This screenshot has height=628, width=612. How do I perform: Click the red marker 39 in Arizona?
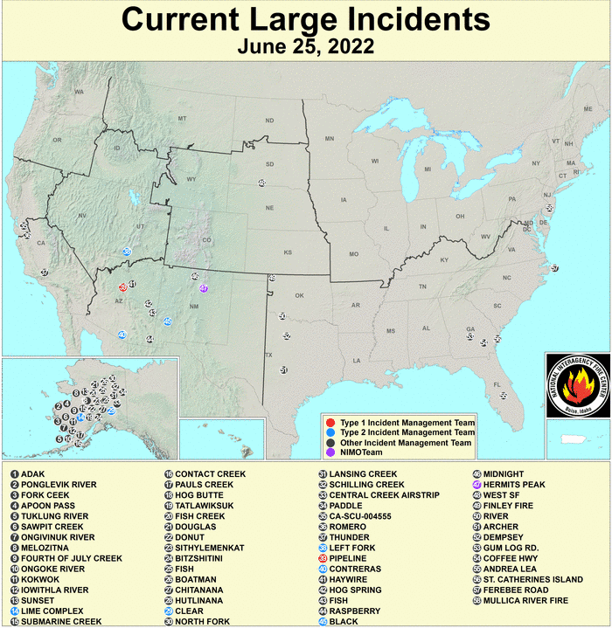(x=123, y=286)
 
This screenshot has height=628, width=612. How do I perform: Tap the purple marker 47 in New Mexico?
(x=204, y=288)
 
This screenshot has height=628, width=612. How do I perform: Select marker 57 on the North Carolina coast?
(x=555, y=268)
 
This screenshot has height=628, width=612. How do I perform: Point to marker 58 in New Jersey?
(x=549, y=208)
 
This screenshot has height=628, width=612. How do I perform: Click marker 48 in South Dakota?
(x=261, y=183)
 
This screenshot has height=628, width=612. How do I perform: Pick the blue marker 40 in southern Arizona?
(x=122, y=335)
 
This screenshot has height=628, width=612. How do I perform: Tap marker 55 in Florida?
(x=503, y=396)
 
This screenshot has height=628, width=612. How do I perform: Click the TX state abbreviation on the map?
(x=269, y=355)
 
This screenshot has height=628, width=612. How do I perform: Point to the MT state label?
(x=183, y=118)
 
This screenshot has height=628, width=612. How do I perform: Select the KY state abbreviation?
(x=443, y=260)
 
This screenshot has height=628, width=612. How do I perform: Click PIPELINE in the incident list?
(x=348, y=558)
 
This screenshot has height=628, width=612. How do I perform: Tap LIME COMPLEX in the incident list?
(x=52, y=611)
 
